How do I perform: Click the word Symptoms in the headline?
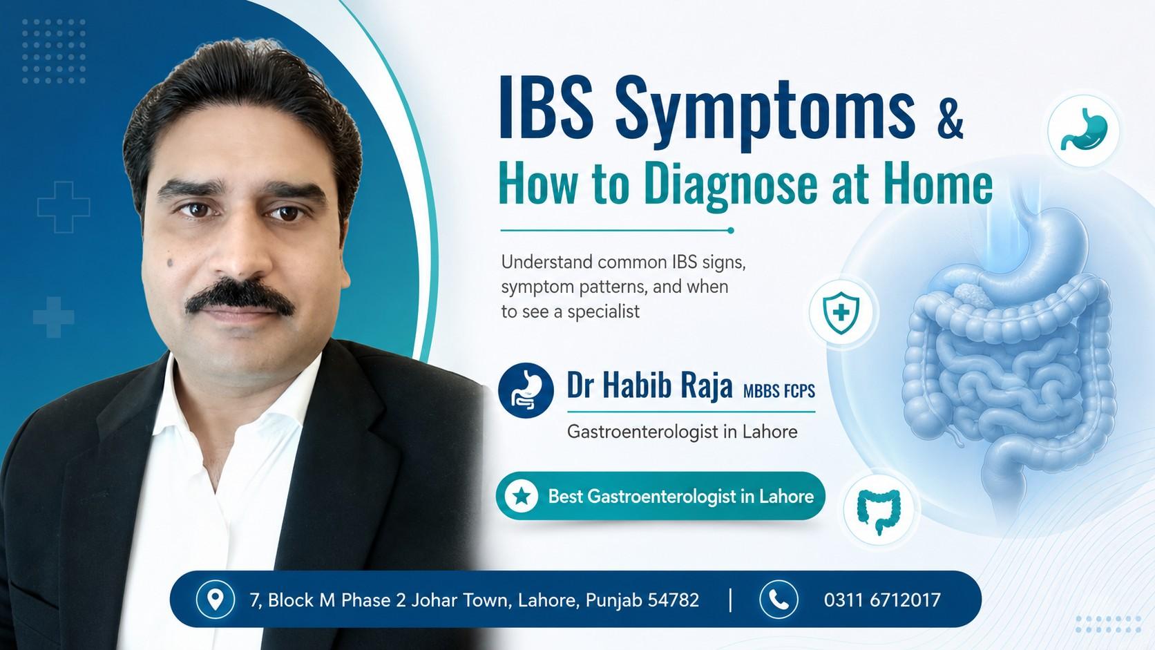pyautogui.click(x=765, y=115)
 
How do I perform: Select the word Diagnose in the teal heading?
pyautogui.click(x=731, y=184)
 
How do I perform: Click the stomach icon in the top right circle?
pyautogui.click(x=1084, y=129)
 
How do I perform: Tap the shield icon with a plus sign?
pyautogui.click(x=841, y=312)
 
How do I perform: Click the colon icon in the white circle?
pyautogui.click(x=879, y=511)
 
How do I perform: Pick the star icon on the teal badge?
pyautogui.click(x=522, y=497)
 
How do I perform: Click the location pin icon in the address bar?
pyautogui.click(x=215, y=599)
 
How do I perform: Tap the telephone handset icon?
pyautogui.click(x=779, y=600)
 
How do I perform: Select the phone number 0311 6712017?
pyautogui.click(x=882, y=600)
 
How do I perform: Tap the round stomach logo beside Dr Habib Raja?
pyautogui.click(x=526, y=390)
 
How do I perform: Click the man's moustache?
pyautogui.click(x=240, y=298)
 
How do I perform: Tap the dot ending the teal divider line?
pyautogui.click(x=731, y=231)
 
